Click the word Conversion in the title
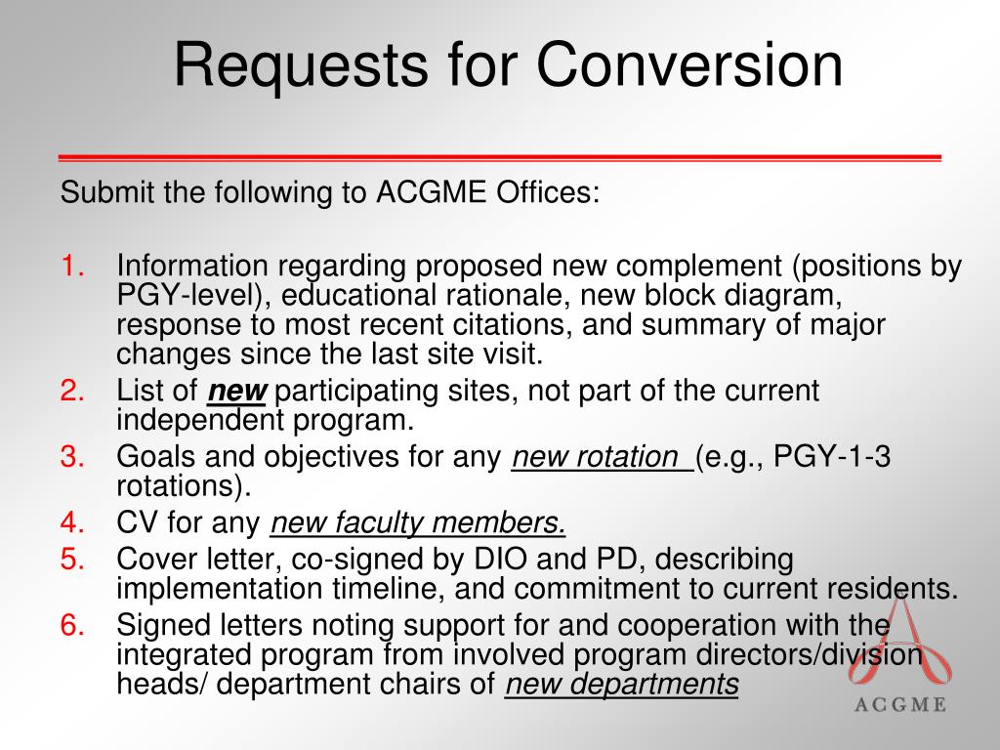pyautogui.click(x=689, y=65)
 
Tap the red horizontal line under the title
pyautogui.click(x=499, y=157)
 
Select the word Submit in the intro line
pyautogui.click(x=107, y=192)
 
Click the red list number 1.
pyautogui.click(x=73, y=267)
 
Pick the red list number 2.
pyautogui.click(x=73, y=392)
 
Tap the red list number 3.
pyautogui.click(x=73, y=456)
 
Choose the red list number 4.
pyautogui.click(x=73, y=523)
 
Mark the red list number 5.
pyautogui.click(x=73, y=560)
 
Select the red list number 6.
pyautogui.click(x=73, y=624)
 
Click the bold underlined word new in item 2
pyautogui.click(x=237, y=392)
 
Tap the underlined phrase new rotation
pyautogui.click(x=601, y=456)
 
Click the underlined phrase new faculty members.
pyautogui.click(x=418, y=523)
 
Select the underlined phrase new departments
pyautogui.click(x=621, y=685)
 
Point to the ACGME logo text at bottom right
pyautogui.click(x=899, y=706)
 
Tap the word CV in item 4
pyautogui.click(x=137, y=523)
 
